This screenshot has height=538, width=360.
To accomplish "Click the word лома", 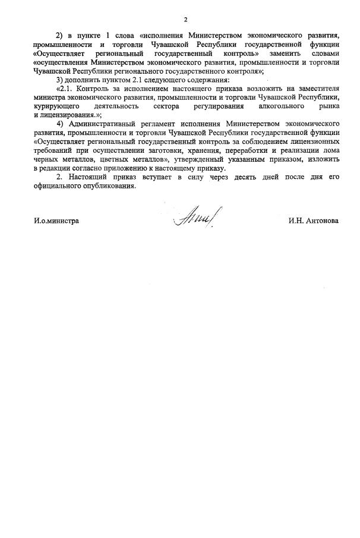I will (330, 150).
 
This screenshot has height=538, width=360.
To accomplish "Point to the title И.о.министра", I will (56, 221).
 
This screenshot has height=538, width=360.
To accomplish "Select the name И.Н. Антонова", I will (314, 221).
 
